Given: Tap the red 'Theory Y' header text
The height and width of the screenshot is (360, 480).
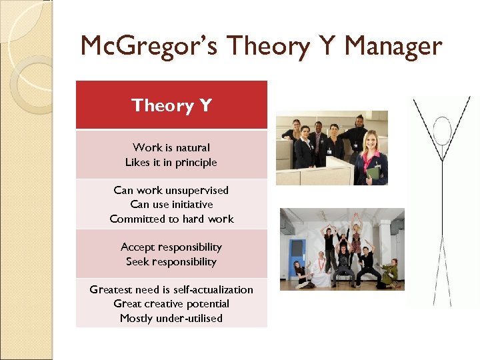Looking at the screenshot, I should click(171, 105).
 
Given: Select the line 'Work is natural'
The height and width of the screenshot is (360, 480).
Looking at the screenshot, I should click(171, 147).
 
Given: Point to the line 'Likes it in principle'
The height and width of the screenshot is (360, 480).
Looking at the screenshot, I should click(171, 162).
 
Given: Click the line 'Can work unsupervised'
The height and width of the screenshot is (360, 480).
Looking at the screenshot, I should click(171, 190).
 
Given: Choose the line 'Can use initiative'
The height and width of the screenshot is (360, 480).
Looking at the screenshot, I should click(171, 205).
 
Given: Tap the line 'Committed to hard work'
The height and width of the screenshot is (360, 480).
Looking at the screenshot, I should click(171, 219).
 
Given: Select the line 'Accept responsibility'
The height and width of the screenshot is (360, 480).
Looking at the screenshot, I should click(171, 247).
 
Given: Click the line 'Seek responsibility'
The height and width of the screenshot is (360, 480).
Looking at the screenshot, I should click(171, 261).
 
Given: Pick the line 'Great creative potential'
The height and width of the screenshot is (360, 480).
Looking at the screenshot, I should click(171, 303).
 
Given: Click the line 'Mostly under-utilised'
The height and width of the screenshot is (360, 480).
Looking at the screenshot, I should click(171, 318).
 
